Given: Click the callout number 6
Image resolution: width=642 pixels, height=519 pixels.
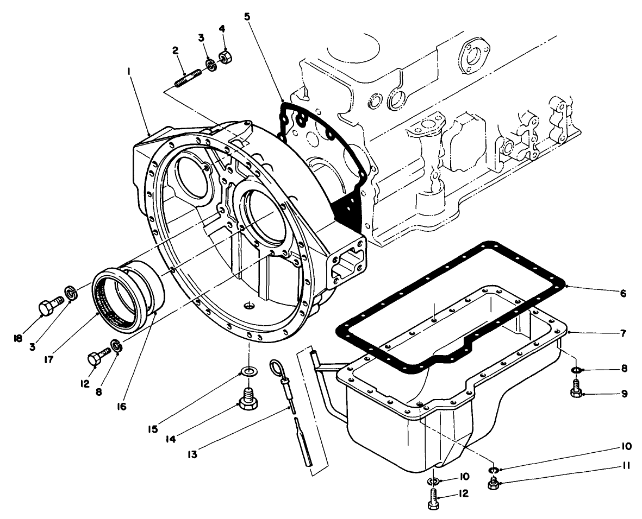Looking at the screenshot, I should pos(623,294).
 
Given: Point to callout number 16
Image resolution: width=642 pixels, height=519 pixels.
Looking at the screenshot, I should pos(122,406).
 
